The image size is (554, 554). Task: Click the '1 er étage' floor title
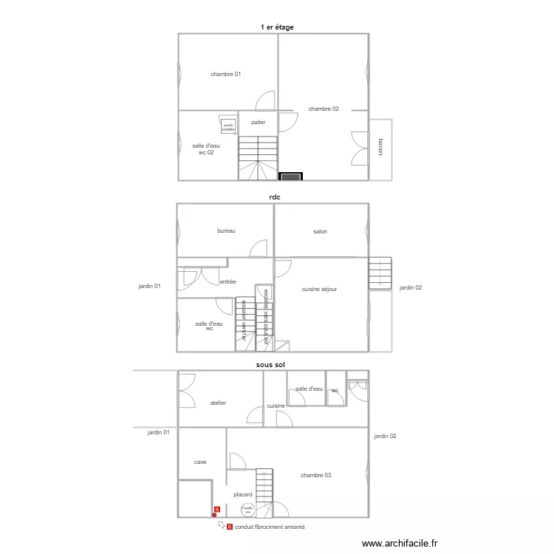277,27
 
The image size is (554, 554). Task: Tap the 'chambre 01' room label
226,74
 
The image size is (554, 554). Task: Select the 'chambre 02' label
324,109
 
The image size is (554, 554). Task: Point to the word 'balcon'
380,147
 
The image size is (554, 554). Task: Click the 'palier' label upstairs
258,122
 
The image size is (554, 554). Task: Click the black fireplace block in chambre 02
291,176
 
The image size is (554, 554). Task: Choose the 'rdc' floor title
275,197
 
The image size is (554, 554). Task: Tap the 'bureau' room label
226,231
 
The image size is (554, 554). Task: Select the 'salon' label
320,231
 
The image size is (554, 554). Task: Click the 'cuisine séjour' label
319,289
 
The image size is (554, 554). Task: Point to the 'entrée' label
228,281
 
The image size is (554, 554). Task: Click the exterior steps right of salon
380,273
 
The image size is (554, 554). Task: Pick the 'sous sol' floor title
271,364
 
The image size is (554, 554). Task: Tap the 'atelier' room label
218,403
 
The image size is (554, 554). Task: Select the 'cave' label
200,462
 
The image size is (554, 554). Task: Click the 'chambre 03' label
316,475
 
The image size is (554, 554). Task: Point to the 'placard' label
243,494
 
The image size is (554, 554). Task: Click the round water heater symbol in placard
247,509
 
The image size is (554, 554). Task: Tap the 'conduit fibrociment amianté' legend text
270,527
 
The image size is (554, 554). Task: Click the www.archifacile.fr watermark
400,542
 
